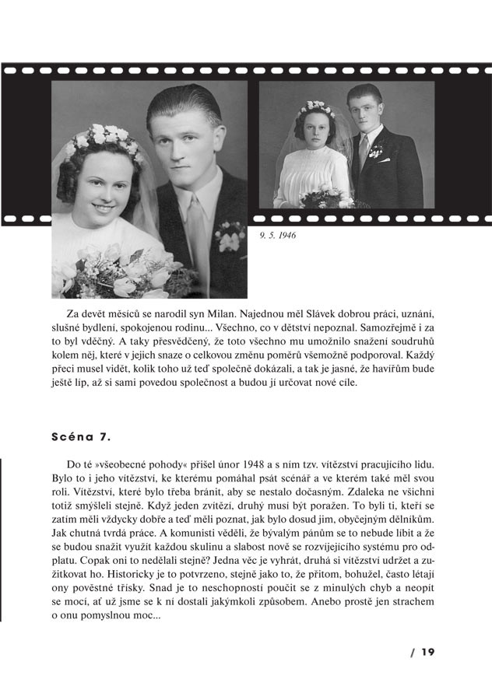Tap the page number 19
point(427,652)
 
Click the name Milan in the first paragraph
point(248,313)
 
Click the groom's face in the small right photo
point(364,110)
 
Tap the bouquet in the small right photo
point(325,198)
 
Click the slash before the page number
point(413,652)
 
